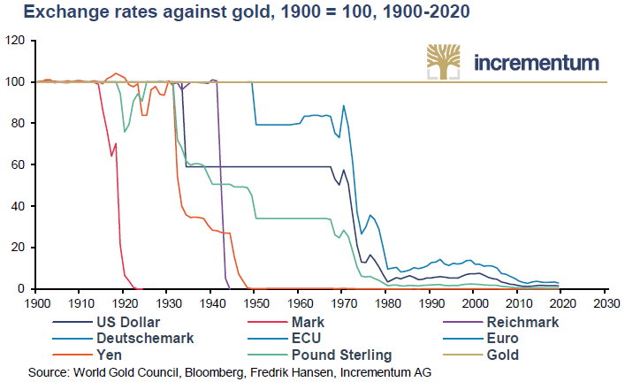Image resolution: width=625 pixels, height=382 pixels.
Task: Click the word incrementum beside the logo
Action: pos(537,64)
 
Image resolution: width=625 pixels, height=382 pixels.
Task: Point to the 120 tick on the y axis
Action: pos(15,41)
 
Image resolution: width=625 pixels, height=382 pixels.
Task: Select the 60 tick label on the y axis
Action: pos(18,164)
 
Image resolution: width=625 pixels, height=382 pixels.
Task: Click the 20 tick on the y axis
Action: pos(18,248)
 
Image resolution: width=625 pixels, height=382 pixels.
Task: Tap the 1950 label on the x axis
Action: pos(255,302)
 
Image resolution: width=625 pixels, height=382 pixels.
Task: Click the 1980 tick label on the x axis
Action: pos(386,302)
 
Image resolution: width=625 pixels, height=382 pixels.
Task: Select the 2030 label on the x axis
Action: pos(606,302)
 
